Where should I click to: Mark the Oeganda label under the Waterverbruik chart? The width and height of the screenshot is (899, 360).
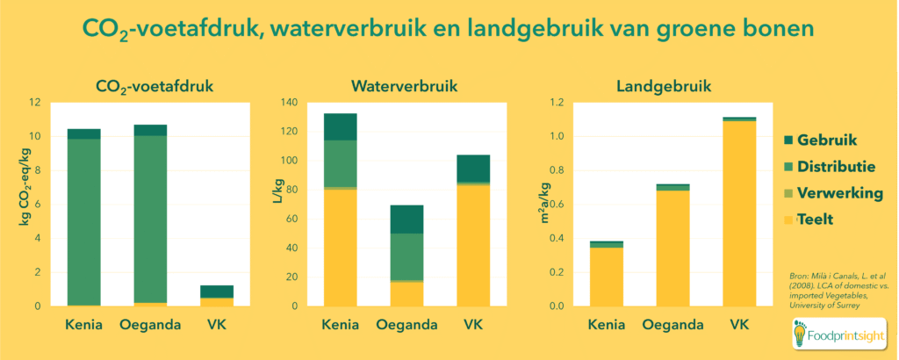click(406, 326)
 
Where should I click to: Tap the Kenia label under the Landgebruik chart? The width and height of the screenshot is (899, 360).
click(606, 326)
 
